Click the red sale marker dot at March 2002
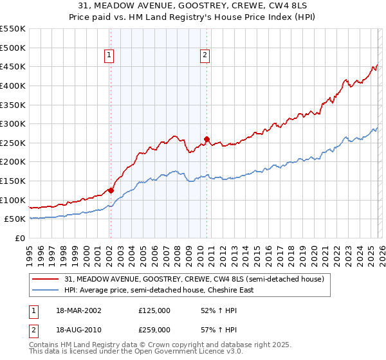pyautogui.click(x=111, y=190)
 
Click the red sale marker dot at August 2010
pyautogui.click(x=207, y=139)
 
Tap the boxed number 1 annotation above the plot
pyautogui.click(x=110, y=56)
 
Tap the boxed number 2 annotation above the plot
pyautogui.click(x=205, y=56)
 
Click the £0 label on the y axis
pyautogui.click(x=19, y=238)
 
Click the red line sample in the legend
pyautogui.click(x=46, y=279)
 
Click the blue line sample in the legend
pyautogui.click(x=46, y=290)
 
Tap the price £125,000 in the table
pyautogui.click(x=154, y=310)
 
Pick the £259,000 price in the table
pyautogui.click(x=154, y=329)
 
